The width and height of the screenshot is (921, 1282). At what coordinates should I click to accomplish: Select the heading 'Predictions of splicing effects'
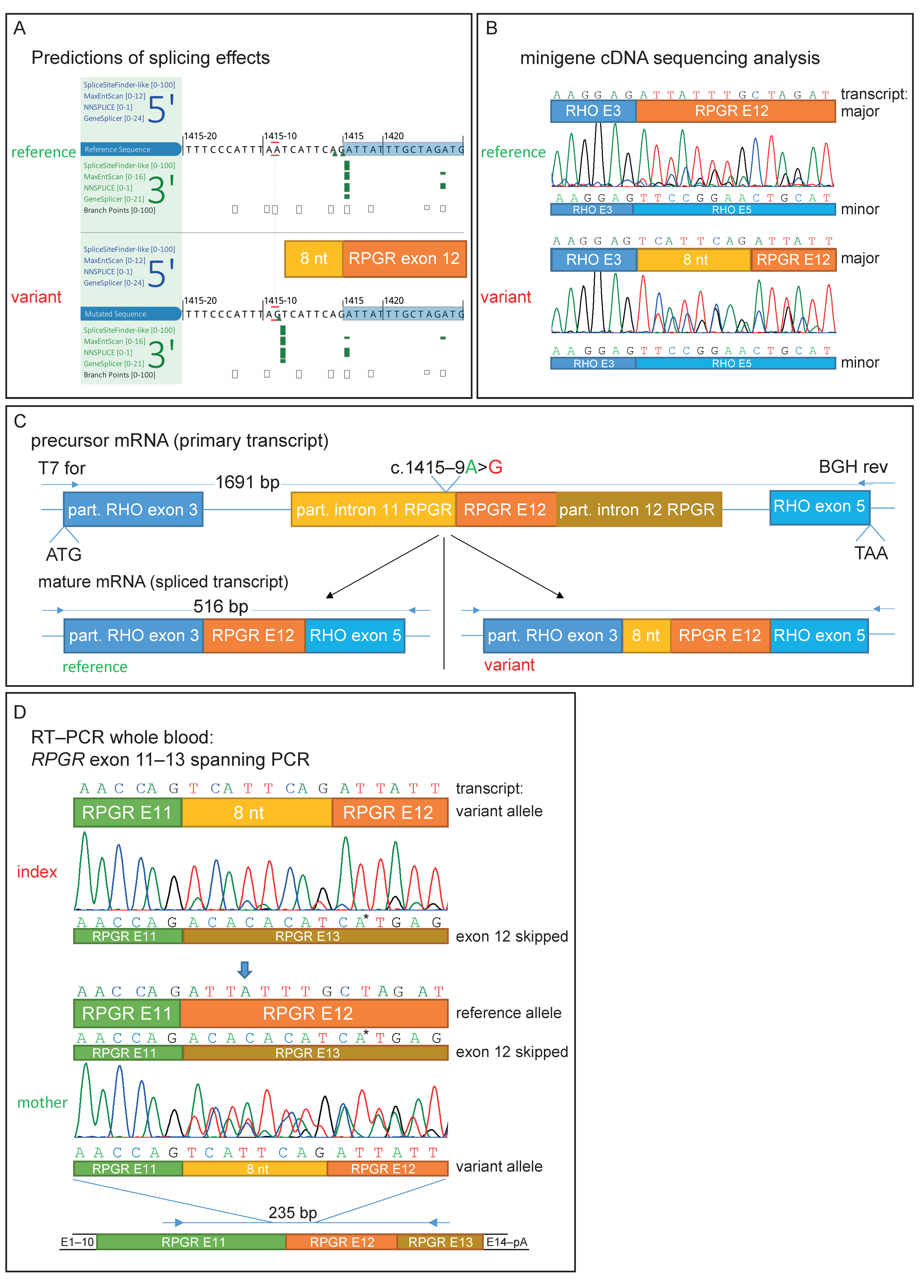click(150, 58)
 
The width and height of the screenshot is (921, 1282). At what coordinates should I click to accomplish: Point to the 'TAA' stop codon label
click(871, 553)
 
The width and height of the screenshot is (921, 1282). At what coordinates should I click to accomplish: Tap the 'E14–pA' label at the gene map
click(507, 1242)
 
